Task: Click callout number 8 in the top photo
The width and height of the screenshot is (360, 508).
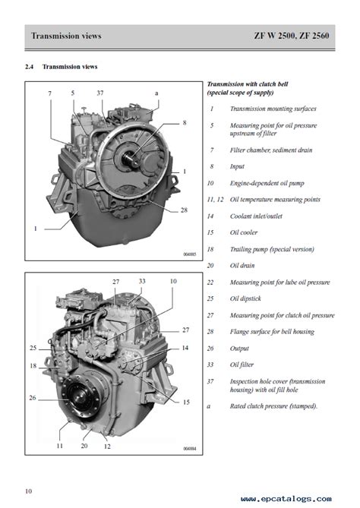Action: [x=185, y=123]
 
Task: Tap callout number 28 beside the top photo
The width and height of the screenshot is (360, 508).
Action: [x=184, y=210]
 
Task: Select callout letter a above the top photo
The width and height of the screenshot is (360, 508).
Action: [x=156, y=93]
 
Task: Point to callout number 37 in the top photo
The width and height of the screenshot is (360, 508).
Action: [x=100, y=93]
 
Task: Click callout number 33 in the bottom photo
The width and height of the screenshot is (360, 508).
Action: [x=142, y=281]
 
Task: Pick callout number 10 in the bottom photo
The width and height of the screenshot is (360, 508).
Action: [x=173, y=281]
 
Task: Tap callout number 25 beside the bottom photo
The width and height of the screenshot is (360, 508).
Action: [x=33, y=348]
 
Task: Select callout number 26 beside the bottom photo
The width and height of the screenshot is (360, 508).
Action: [x=33, y=398]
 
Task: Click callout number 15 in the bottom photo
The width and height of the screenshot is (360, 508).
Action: [x=186, y=402]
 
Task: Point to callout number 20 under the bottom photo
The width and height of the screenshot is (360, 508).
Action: [x=84, y=446]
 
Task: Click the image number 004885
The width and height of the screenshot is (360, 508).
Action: [x=190, y=254]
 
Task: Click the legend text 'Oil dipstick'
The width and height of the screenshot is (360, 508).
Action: [x=245, y=298]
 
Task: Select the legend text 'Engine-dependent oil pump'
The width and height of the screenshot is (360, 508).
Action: [x=267, y=183]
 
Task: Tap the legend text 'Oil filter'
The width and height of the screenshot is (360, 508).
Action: [x=242, y=364]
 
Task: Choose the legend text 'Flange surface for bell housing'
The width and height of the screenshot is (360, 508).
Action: [x=272, y=332]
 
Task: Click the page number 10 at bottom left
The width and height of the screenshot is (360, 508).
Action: [x=29, y=491]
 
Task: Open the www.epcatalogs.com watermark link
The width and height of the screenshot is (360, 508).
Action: [x=286, y=499]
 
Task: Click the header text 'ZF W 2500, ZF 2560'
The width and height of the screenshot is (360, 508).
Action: [x=292, y=36]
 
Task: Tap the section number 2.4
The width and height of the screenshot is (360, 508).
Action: [x=29, y=67]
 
